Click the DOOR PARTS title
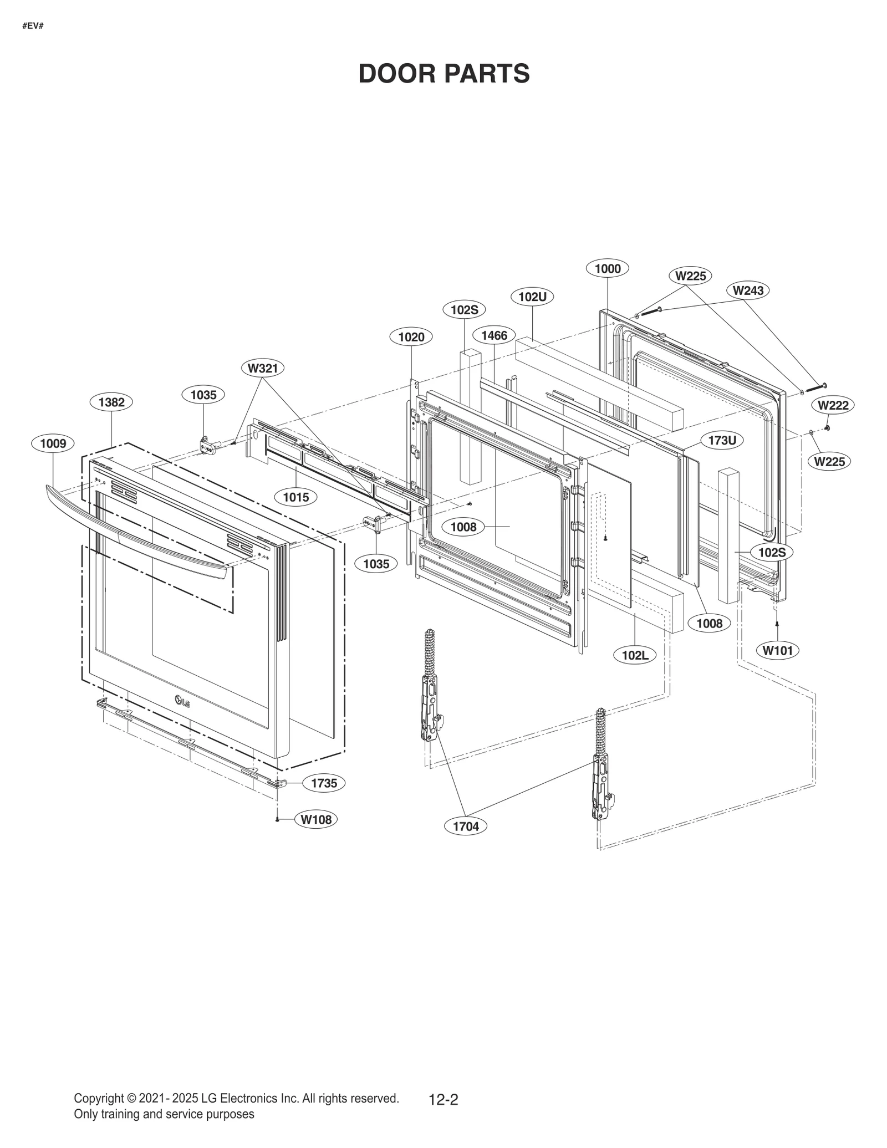tap(443, 74)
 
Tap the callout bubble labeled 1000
tap(607, 269)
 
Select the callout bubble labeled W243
tap(747, 290)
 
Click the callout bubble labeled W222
tap(833, 405)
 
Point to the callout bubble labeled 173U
tap(722, 441)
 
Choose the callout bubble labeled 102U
tap(532, 297)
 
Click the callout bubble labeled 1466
tap(493, 335)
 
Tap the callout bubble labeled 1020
tap(411, 337)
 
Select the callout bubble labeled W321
tap(263, 368)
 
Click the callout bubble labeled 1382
tap(111, 402)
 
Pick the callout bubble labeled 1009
tap(53, 443)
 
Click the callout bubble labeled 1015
tap(295, 497)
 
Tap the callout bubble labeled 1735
tap(324, 783)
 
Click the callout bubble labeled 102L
tap(635, 655)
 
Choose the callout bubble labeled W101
tap(777, 650)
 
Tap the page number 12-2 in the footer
tap(443, 1099)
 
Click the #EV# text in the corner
tap(33, 26)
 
